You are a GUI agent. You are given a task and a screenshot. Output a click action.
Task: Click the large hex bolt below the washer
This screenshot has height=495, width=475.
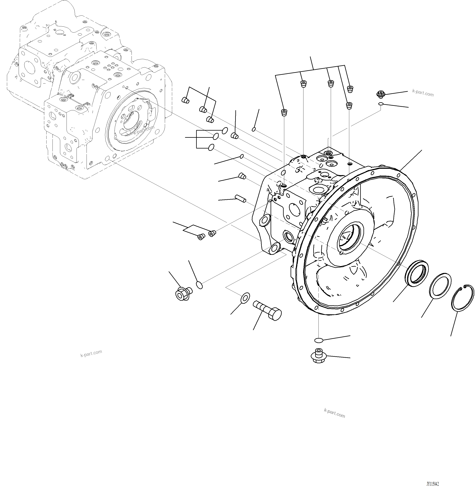click(267, 310)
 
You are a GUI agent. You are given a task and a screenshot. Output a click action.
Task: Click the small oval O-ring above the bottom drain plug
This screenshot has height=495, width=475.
click(319, 341)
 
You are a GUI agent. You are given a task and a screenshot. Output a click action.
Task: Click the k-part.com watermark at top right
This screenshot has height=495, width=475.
click(423, 93)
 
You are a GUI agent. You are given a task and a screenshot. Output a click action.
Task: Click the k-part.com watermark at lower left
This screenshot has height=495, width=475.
click(91, 353)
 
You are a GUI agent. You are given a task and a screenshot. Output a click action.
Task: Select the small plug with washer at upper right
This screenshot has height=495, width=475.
click(380, 94)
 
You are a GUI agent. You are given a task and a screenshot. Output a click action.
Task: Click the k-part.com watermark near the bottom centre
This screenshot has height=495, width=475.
click(334, 413)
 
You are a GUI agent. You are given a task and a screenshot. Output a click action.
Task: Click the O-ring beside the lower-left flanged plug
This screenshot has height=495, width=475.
click(199, 285)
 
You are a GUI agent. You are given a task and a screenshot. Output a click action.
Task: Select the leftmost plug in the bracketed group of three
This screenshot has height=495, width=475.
click(186, 100)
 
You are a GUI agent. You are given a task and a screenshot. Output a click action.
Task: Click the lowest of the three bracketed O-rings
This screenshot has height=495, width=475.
click(211, 147)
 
